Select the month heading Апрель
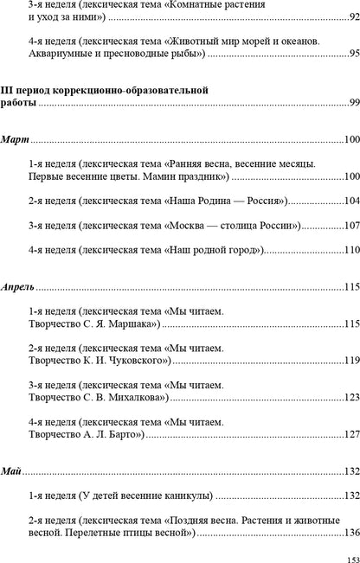point(20,287)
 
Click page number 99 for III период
point(353,102)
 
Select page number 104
point(350,201)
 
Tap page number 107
point(350,226)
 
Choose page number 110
point(350,250)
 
